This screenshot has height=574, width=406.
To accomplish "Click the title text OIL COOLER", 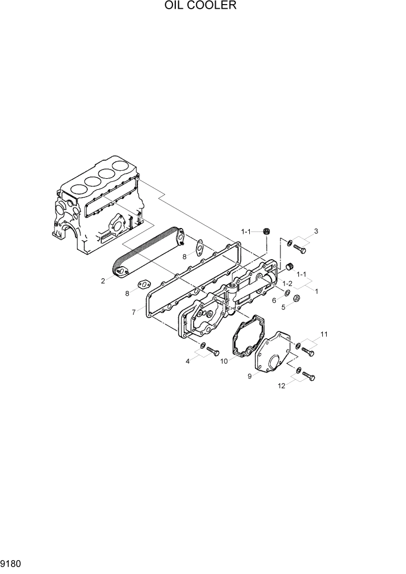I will coord(202,6).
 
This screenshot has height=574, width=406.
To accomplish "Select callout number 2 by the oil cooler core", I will coord(102,281).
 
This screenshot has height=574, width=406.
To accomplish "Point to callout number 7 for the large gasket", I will coord(134,312).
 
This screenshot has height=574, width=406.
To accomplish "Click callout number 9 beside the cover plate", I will coord(250,376).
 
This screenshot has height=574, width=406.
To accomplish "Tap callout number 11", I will coord(324,334).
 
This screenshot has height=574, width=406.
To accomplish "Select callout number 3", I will coord(316,233).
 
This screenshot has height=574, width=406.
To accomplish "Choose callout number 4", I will coord(187,362).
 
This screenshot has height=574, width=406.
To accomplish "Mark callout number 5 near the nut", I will coord(283,307).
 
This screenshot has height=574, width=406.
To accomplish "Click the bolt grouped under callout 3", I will coord(300,249).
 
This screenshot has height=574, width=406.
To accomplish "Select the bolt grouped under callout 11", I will coord(309,352).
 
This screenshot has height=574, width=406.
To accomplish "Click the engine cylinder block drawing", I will coord(98,208).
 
